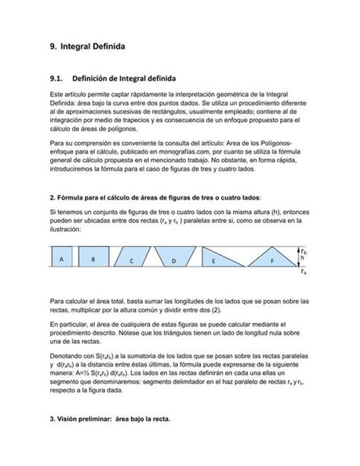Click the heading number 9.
52,47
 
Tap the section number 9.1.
57,77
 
